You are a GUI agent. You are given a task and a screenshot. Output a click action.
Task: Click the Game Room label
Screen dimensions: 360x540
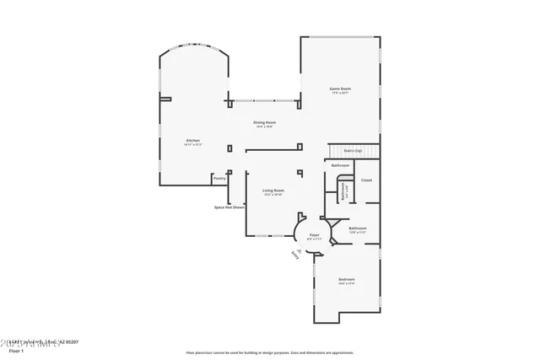340,89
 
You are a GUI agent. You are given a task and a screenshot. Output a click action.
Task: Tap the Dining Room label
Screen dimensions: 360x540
265,122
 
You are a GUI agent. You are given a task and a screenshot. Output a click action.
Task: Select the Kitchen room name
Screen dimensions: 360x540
193,140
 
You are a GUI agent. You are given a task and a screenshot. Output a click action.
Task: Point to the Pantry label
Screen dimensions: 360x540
219,179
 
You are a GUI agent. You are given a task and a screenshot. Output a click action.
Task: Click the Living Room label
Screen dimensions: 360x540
273,191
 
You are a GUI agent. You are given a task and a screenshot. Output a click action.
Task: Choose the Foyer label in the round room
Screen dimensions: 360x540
315,234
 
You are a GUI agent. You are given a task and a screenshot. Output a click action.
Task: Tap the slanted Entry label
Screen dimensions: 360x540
295,253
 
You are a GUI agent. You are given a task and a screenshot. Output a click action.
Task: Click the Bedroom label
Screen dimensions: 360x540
347,279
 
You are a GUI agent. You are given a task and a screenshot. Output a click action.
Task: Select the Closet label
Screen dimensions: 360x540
366,180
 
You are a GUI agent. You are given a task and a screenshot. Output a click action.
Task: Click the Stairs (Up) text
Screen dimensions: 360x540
353,150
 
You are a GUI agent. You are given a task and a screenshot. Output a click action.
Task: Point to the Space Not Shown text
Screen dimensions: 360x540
229,207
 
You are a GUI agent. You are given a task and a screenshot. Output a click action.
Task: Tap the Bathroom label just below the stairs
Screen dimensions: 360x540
340,165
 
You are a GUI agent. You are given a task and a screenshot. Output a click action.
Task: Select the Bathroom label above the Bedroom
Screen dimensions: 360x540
358,228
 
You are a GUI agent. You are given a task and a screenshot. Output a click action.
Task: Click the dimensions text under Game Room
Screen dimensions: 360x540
340,93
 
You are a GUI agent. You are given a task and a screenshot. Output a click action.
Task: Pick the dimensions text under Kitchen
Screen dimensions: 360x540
193,145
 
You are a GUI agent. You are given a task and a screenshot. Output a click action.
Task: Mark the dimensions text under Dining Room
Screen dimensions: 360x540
265,127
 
